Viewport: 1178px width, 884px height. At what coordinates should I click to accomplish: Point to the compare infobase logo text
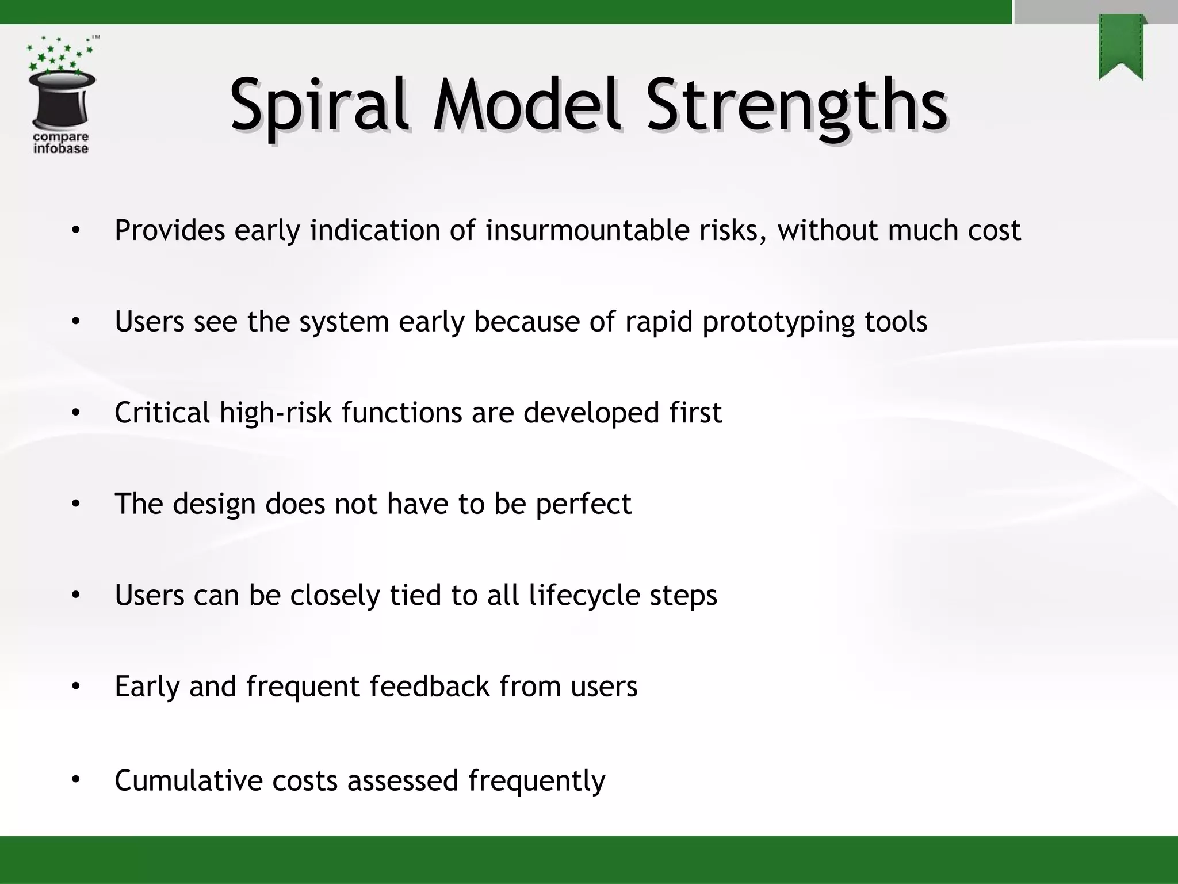click(x=60, y=143)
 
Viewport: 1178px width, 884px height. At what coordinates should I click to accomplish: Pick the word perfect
click(x=583, y=504)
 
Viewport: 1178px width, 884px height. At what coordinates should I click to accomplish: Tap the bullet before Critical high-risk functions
click(x=75, y=413)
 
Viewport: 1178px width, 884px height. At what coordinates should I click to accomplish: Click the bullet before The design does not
click(x=75, y=504)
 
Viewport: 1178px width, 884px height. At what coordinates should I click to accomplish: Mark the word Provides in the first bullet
click(x=170, y=230)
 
